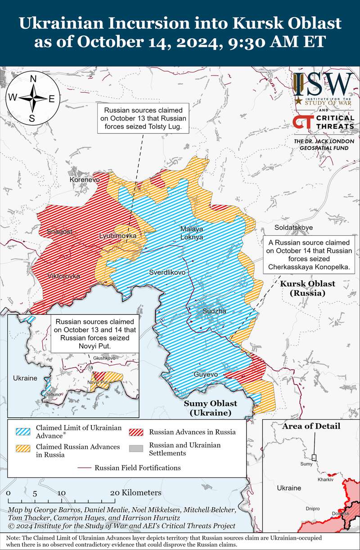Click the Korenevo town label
85,179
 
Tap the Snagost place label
59,232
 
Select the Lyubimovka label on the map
117,236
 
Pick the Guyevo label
206,374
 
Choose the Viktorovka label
63,276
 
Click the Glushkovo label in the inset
104,358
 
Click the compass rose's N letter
33,79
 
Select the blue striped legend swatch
23,431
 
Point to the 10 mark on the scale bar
61,492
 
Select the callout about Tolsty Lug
143,119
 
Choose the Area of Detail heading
311,426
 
